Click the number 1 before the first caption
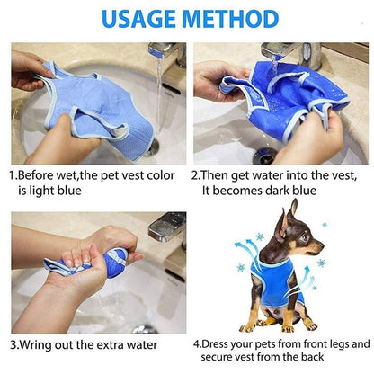(13, 177)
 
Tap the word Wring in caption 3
(41, 344)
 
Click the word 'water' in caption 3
(140, 344)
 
